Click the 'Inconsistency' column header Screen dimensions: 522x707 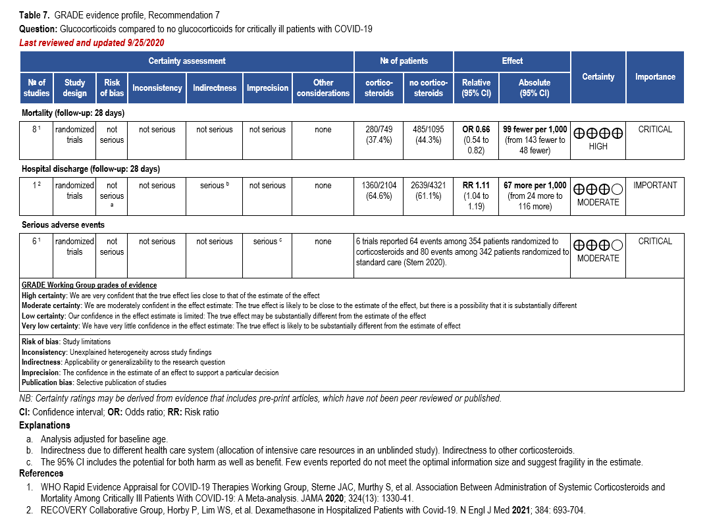157,88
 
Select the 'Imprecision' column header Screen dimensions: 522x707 267,88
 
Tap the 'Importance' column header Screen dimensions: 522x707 655,77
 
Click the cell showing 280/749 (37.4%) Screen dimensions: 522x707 379,135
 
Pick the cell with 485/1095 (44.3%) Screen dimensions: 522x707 429,135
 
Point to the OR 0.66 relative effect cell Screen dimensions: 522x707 476,140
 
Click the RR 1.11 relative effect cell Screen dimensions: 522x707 476,196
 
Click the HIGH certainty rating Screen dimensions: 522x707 598,146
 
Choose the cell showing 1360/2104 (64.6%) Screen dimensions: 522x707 379,191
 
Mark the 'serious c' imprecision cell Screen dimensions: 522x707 267,242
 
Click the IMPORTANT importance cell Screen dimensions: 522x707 655,186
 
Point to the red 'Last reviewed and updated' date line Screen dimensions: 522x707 92,43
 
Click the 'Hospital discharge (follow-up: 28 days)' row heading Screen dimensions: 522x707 91,169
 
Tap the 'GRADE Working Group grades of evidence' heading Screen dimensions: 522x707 89,285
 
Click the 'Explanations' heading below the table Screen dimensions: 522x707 45,425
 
